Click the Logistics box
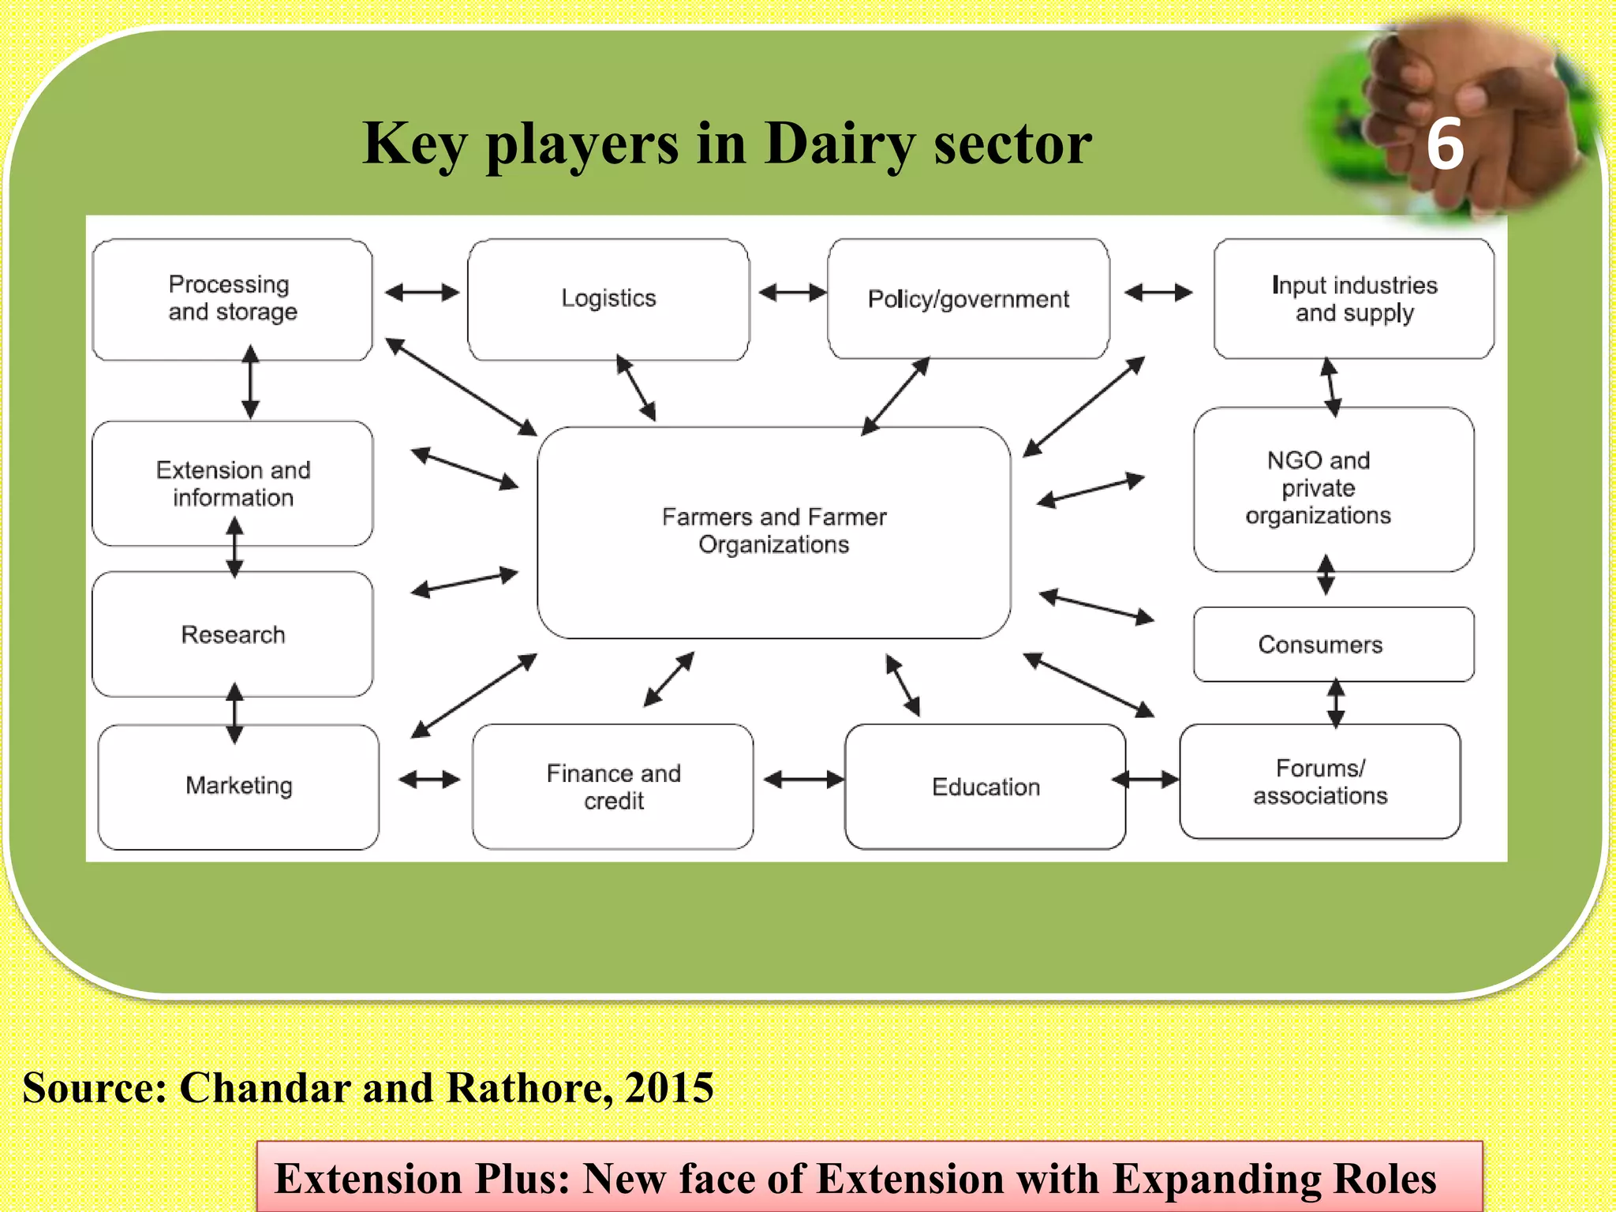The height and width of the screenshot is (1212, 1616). point(608,299)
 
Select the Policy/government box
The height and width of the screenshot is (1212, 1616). point(968,299)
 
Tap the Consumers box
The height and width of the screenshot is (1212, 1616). point(1334,645)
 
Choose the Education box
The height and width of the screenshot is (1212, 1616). point(986,787)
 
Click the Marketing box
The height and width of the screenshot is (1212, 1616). point(238,786)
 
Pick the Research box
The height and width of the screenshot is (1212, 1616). point(233,634)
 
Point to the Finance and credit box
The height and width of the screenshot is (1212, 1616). point(613,787)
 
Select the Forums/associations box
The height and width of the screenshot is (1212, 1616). point(1320,782)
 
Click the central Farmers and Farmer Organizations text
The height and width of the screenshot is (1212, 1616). point(774,530)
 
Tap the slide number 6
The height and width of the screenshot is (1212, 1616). point(1445,144)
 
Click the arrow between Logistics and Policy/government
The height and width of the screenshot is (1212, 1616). point(791,293)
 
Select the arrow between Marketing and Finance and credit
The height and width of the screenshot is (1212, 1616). point(429,780)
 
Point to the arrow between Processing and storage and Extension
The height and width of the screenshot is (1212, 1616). point(250,382)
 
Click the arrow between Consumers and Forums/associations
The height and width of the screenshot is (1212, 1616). point(1335,703)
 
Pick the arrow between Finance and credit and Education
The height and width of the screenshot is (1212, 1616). point(803,780)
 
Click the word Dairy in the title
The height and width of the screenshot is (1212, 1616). point(840,144)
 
